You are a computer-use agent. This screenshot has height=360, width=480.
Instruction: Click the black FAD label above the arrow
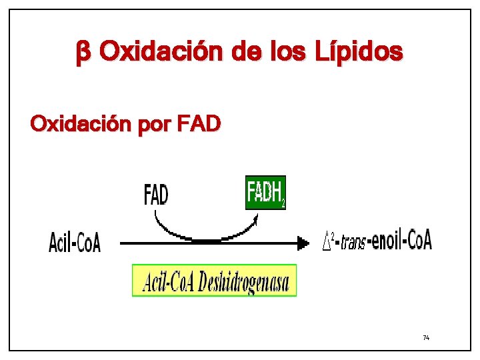157,195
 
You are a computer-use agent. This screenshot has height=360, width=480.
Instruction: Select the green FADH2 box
265,193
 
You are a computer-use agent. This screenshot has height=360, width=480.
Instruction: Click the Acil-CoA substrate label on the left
75,243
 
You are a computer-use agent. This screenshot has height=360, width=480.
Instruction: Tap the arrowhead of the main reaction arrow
303,243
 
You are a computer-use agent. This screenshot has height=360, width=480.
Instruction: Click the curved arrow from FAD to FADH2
200,233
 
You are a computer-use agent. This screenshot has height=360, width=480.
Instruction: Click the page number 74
426,338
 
